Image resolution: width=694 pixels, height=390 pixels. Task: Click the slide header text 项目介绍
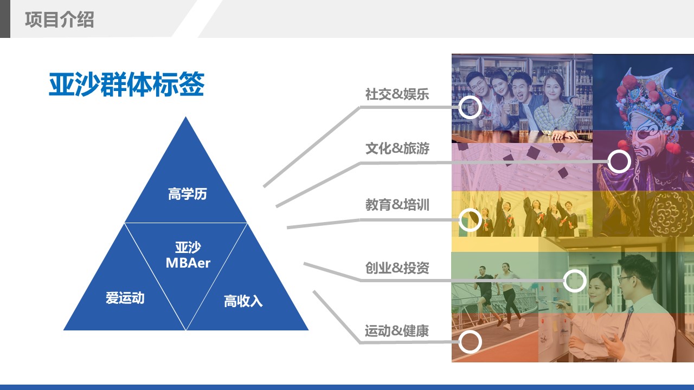coord(60,19)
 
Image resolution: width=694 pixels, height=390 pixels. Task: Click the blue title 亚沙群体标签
coord(126,84)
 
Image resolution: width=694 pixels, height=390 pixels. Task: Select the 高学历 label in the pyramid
coord(188,194)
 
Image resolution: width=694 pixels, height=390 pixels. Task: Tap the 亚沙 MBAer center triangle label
coord(188,255)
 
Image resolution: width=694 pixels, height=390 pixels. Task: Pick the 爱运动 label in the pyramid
coord(125,298)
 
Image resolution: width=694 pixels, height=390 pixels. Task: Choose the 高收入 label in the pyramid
coord(243,301)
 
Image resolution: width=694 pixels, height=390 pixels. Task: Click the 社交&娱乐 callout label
coord(397,94)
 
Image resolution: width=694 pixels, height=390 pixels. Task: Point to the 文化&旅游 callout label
coord(397,148)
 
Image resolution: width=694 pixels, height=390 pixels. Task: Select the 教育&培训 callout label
coord(397,205)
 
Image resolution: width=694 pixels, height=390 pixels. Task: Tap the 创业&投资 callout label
coord(397,268)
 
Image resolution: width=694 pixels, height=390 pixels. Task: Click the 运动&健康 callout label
coord(397,330)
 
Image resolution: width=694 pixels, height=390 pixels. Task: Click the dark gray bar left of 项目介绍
coord(5,19)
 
